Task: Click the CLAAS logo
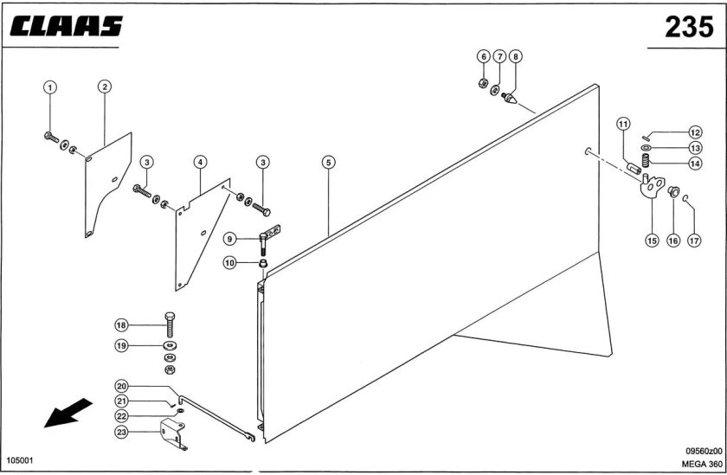67,26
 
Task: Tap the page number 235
689,27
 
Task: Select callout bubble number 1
50,87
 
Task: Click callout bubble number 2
105,87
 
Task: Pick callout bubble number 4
200,162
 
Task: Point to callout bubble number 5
328,162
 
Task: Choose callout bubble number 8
515,56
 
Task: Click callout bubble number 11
623,125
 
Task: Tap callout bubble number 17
694,241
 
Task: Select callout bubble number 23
121,433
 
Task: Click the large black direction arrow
68,413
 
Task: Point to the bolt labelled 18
170,324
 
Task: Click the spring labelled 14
645,160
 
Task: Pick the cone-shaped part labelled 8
509,99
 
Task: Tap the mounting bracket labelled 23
173,434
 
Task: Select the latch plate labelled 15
653,185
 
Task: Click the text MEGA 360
702,464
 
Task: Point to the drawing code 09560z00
704,451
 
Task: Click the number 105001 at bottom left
19,460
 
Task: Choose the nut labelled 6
483,83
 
